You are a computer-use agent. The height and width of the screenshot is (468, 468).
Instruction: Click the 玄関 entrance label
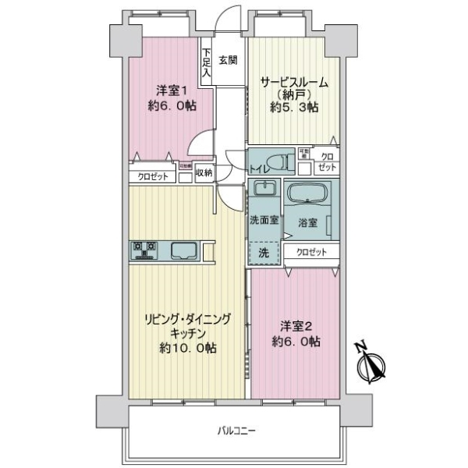(228, 59)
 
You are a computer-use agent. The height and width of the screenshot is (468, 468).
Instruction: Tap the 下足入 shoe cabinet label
(206, 62)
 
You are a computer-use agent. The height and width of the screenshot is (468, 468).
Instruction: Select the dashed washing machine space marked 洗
(264, 251)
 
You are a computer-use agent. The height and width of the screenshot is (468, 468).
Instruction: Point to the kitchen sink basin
(184, 250)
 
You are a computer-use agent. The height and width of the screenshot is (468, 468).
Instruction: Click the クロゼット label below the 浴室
(312, 251)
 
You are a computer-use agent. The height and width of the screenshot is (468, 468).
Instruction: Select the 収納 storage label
(204, 173)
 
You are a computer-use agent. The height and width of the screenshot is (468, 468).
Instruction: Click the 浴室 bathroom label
(308, 222)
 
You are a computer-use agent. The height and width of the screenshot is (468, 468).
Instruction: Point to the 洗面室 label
(263, 220)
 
